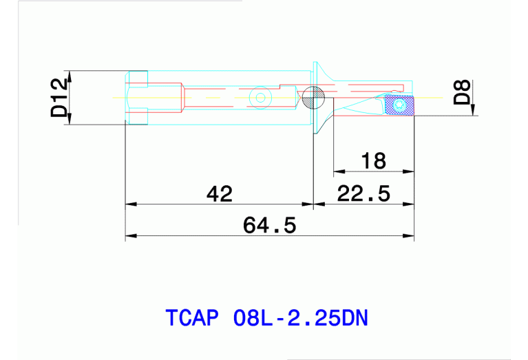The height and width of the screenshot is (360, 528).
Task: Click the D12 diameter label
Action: coord(59,98)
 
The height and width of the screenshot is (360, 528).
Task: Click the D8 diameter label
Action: coord(463,92)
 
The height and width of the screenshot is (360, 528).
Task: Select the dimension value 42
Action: coord(220,193)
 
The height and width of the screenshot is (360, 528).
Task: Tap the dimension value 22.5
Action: coord(363,193)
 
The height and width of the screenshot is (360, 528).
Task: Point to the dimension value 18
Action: coord(373,161)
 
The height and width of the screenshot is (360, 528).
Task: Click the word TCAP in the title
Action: coord(192,319)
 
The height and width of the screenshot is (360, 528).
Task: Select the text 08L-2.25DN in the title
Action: coord(301,319)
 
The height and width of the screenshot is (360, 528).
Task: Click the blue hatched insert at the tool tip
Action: coord(399,105)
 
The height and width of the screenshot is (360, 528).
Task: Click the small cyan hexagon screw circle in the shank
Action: coord(260,98)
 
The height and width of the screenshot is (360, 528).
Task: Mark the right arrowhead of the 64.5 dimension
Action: coord(410,236)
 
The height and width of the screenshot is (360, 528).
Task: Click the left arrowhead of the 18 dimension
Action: coord(338,171)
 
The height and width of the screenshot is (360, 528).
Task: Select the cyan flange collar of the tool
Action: coord(320,96)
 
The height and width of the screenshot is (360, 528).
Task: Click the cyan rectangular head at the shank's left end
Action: coord(136,98)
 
